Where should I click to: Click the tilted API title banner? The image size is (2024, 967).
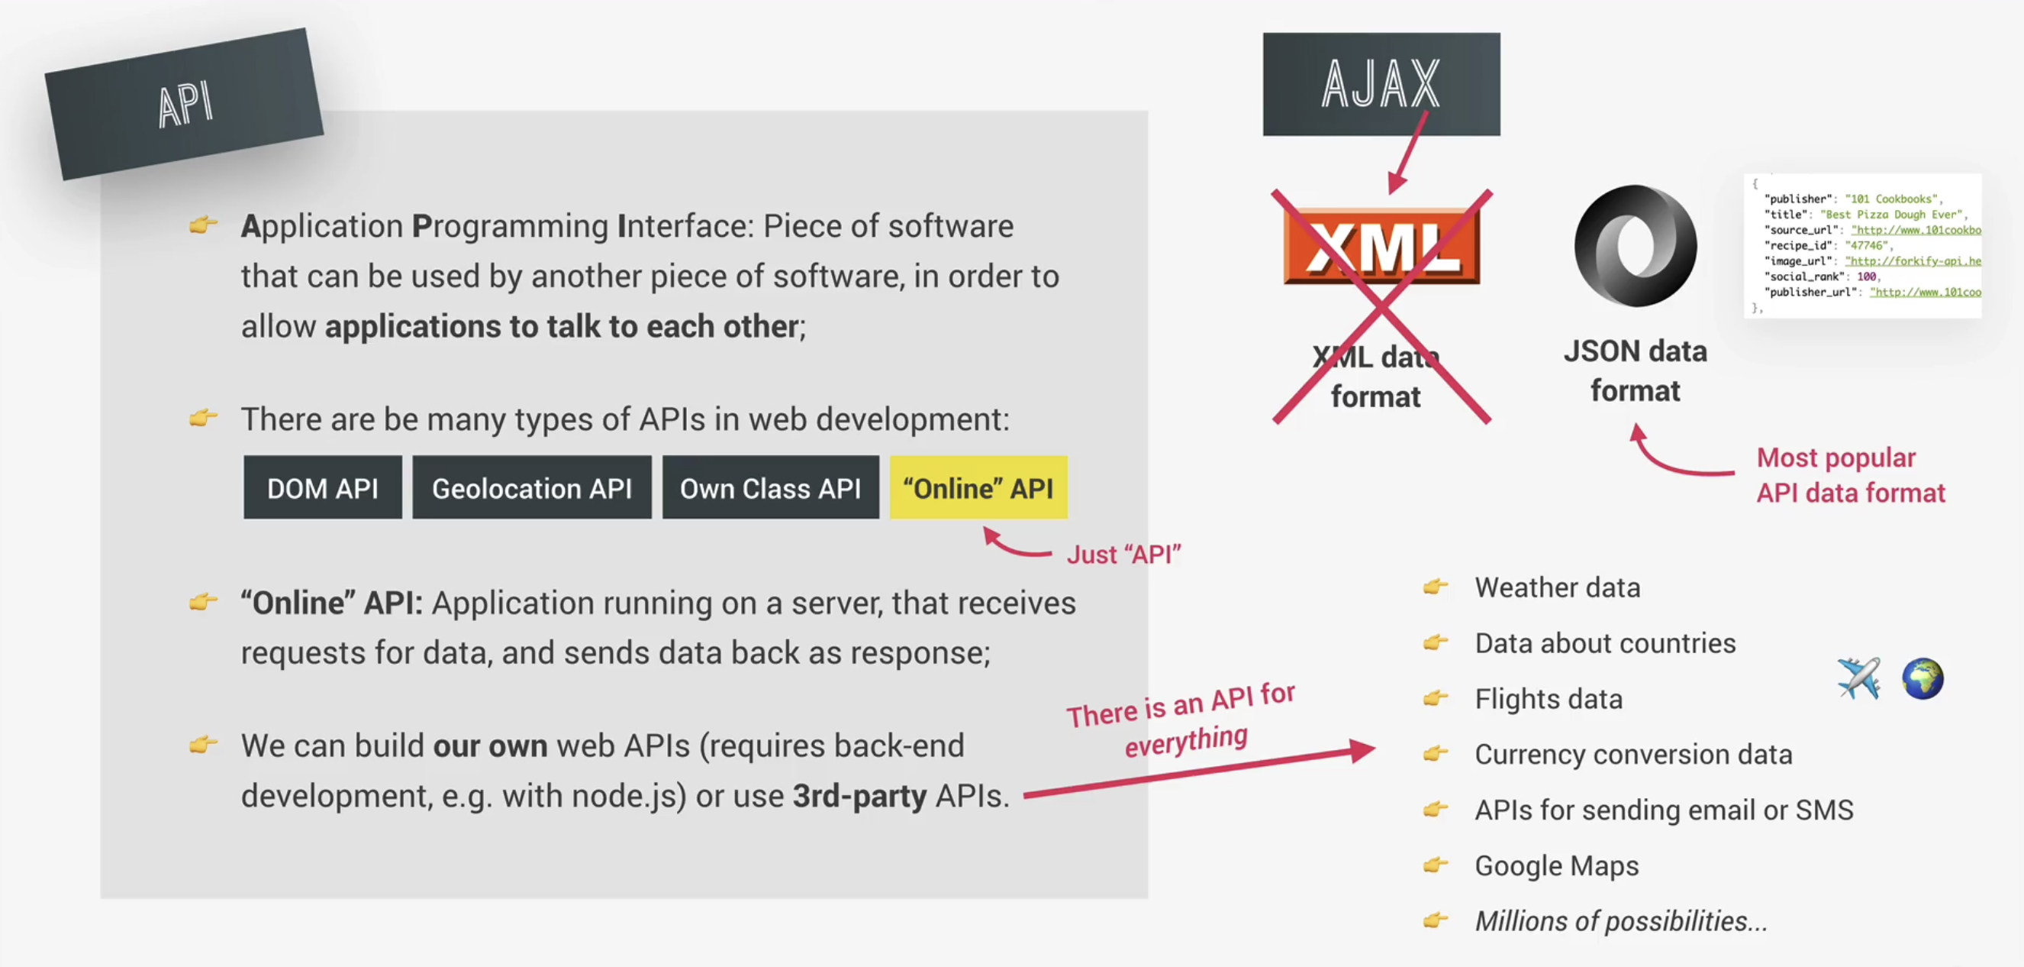[184, 104]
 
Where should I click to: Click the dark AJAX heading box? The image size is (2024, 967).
[1381, 84]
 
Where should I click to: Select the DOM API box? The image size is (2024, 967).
[322, 487]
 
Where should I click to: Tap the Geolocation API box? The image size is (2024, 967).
[532, 487]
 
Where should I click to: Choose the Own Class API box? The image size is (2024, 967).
[770, 487]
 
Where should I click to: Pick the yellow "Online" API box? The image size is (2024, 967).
[978, 487]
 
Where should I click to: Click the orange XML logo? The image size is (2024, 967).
[1381, 246]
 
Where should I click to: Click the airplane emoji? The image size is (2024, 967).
[1859, 678]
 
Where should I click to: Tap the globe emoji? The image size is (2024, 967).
[1922, 678]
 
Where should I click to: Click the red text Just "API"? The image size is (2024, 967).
[1123, 555]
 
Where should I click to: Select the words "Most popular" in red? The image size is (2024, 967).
[1835, 458]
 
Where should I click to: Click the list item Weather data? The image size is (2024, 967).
[1557, 587]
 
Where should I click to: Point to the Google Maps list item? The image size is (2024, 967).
[1556, 865]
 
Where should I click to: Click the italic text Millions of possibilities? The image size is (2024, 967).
[1621, 920]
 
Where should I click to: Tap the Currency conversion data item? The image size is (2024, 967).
[1633, 754]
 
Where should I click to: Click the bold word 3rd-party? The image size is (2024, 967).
[859, 797]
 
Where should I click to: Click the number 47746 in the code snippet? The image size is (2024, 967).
[1867, 245]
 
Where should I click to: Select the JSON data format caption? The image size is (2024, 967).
[1635, 370]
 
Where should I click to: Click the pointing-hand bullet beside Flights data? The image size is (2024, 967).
[1436, 698]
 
